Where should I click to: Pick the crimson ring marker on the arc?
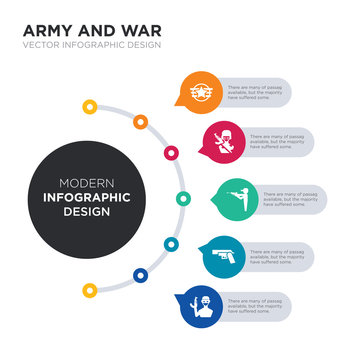click(x=171, y=152)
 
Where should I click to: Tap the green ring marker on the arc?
click(x=182, y=197)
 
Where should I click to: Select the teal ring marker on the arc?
click(x=171, y=243)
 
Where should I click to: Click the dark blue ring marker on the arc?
click(x=138, y=273)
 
